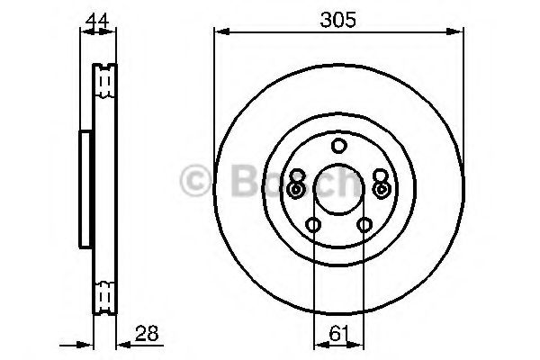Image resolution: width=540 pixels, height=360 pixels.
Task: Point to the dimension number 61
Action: (338, 335)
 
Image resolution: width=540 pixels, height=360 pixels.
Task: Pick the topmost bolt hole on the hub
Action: (338, 146)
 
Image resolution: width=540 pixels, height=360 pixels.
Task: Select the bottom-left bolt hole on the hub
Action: (313, 225)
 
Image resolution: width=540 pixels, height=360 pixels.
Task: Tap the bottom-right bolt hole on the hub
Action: (364, 225)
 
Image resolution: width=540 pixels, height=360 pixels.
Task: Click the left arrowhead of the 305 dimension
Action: (219, 32)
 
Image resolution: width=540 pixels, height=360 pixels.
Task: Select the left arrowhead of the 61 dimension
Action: (318, 344)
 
